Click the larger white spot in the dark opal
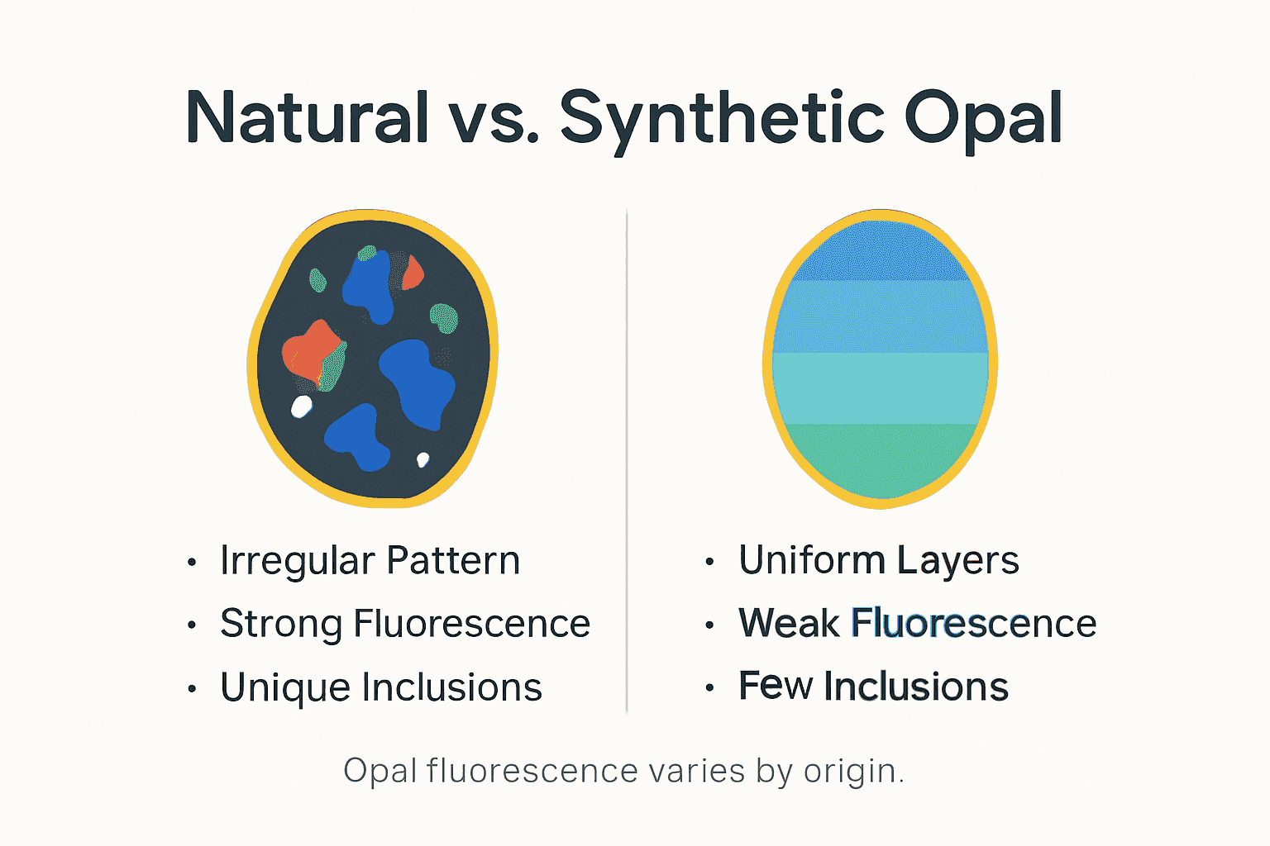point(302,406)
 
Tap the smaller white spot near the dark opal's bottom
point(423,459)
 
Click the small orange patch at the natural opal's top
point(413,273)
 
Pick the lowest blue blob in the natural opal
point(357,438)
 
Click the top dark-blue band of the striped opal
point(881,252)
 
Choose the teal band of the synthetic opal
point(881,388)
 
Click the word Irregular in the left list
point(297,561)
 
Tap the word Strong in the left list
point(281,624)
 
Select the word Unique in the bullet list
point(284,687)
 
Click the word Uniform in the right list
point(811,560)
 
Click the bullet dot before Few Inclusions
point(709,687)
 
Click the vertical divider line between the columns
point(627,463)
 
